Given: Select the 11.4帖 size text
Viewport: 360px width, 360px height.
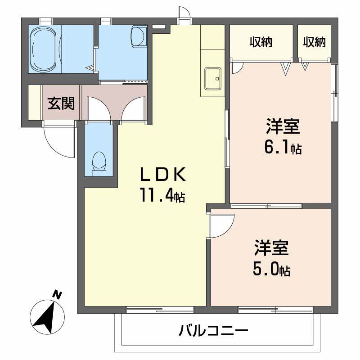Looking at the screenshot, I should (162, 196).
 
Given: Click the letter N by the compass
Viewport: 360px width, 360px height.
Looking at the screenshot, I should (57, 294).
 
